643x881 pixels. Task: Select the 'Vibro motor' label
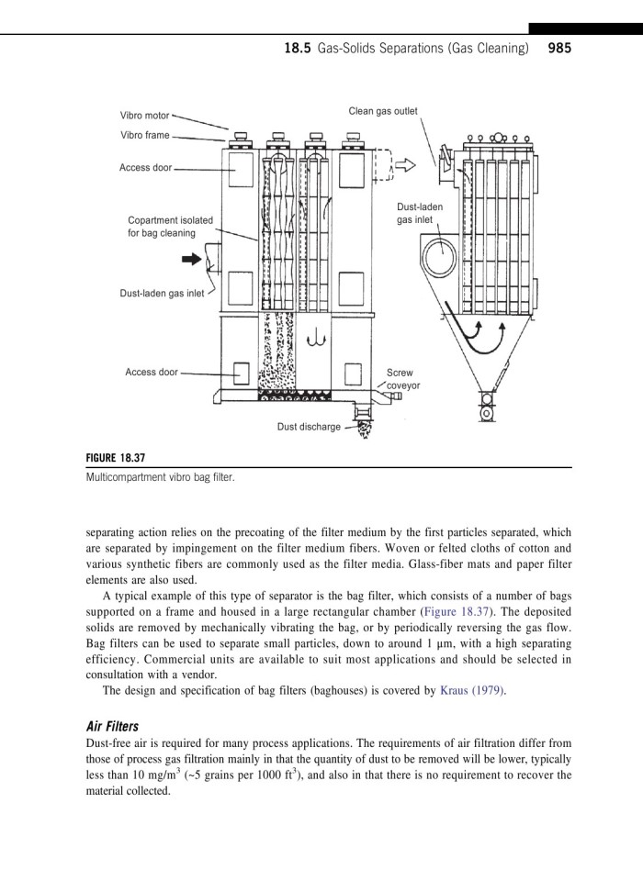[144, 117]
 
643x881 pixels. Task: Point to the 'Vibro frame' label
[144, 135]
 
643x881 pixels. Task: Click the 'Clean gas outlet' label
[382, 111]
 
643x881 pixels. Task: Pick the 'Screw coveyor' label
[402, 380]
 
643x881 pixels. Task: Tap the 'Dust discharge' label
[309, 427]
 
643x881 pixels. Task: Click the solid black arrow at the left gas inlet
[192, 260]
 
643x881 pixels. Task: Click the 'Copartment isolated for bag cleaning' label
[170, 227]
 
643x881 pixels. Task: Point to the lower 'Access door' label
[152, 372]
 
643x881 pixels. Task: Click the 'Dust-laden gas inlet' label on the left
[162, 294]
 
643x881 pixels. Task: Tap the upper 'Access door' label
[145, 168]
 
